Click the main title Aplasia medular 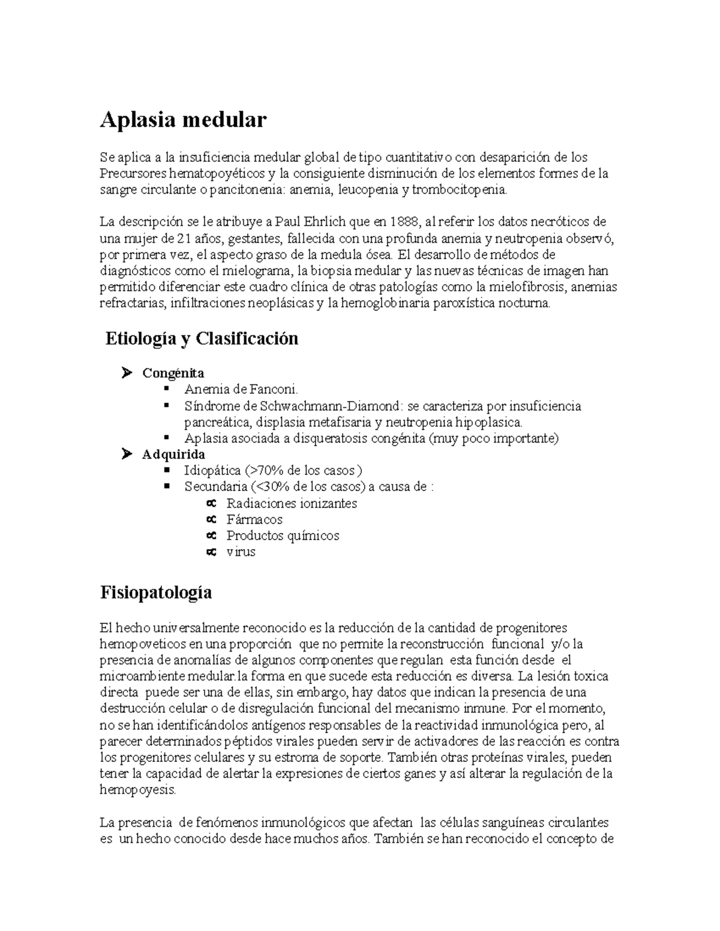click(183, 120)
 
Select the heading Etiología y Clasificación click(202, 339)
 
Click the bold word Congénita click(173, 373)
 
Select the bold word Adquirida click(173, 454)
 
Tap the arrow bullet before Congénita click(126, 373)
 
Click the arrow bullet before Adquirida click(126, 454)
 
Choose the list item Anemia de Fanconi click(241, 390)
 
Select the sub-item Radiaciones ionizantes click(292, 503)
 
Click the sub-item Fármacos click(254, 519)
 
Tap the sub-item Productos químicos click(283, 535)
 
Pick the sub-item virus click(241, 552)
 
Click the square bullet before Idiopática click(167, 470)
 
